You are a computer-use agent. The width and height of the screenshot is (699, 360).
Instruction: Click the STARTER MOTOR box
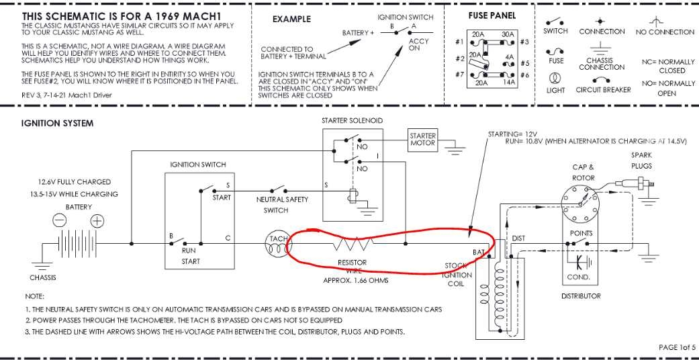[x=422, y=139]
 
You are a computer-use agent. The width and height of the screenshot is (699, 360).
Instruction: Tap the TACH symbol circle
[x=279, y=244]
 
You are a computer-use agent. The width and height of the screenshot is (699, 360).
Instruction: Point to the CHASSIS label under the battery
[x=43, y=277]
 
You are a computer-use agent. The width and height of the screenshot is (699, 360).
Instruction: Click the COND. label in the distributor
[x=578, y=277]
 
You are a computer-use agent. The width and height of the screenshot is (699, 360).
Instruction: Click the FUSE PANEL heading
[x=492, y=15]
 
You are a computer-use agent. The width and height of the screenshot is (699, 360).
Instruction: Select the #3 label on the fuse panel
[x=524, y=42]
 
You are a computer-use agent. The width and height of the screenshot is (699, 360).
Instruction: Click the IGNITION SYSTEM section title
[x=57, y=124]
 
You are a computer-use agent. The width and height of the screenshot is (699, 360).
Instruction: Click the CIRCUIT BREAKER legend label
[x=603, y=90]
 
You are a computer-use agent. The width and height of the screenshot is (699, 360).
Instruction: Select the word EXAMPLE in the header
[x=291, y=19]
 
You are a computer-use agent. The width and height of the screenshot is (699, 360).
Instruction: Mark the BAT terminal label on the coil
[x=479, y=251]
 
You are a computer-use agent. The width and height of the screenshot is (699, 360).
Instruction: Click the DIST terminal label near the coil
[x=518, y=238]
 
